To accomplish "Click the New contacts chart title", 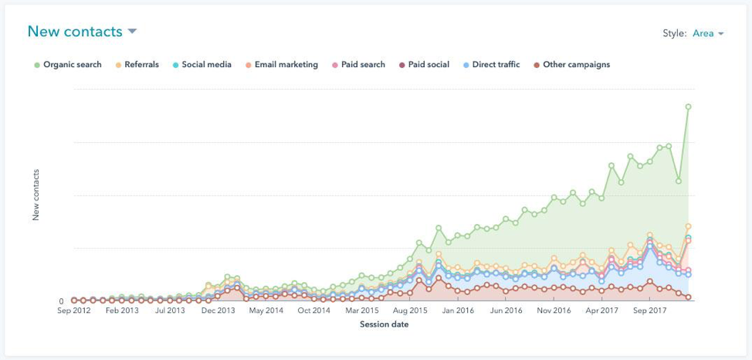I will (x=75, y=32).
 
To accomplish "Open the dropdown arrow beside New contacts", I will (x=132, y=32).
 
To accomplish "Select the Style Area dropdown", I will (x=708, y=33).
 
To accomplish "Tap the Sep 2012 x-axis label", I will (x=74, y=311).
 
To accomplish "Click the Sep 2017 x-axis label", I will (x=649, y=311).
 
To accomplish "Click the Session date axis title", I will (x=384, y=324).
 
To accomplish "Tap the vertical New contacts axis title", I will (x=36, y=195).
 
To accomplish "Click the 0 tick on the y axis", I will (x=62, y=301).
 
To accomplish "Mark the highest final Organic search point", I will (x=688, y=107).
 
